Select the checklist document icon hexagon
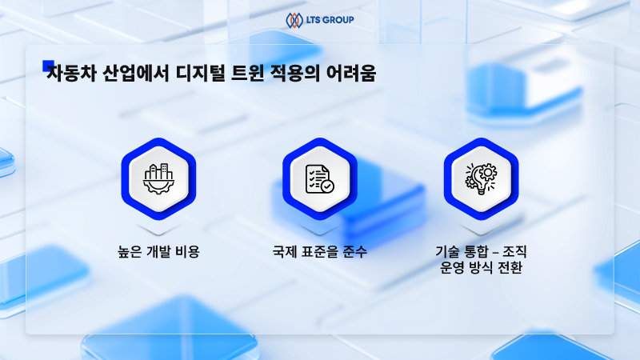[x=319, y=178]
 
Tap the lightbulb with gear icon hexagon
[x=481, y=178]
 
